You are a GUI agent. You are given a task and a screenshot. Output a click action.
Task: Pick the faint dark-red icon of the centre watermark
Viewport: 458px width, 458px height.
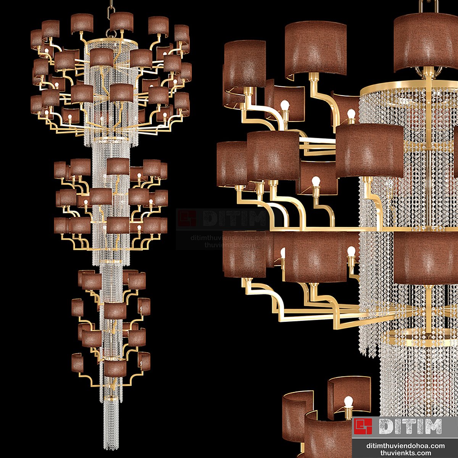(187, 218)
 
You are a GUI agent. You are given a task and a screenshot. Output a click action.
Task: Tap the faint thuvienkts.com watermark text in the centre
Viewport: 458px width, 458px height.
(229, 245)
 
